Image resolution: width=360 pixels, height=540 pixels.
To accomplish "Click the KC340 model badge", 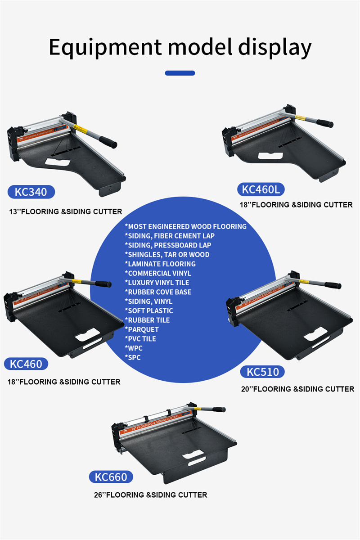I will pyautogui.click(x=31, y=192).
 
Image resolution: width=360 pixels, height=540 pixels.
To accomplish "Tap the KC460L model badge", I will pyautogui.click(x=261, y=189).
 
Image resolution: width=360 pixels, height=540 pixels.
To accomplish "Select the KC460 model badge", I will pyautogui.click(x=26, y=364).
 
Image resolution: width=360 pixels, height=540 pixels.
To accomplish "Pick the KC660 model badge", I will pyautogui.click(x=111, y=477).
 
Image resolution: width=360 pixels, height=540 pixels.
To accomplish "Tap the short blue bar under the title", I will pyautogui.click(x=180, y=73).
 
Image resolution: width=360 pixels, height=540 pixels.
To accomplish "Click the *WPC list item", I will pyautogui.click(x=134, y=348).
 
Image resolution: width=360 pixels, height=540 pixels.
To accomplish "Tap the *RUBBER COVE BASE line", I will pyautogui.click(x=158, y=292).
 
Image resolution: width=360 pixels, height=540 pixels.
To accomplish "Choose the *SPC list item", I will pyautogui.click(x=133, y=358).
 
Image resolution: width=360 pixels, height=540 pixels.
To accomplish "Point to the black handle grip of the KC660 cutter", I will pyautogui.click(x=219, y=409).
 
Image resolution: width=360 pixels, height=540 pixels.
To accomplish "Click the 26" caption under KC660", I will pyautogui.click(x=151, y=495).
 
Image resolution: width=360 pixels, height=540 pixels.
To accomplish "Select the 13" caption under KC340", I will pyautogui.click(x=66, y=211).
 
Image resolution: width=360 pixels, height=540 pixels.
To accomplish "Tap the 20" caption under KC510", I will pyautogui.click(x=297, y=389).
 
